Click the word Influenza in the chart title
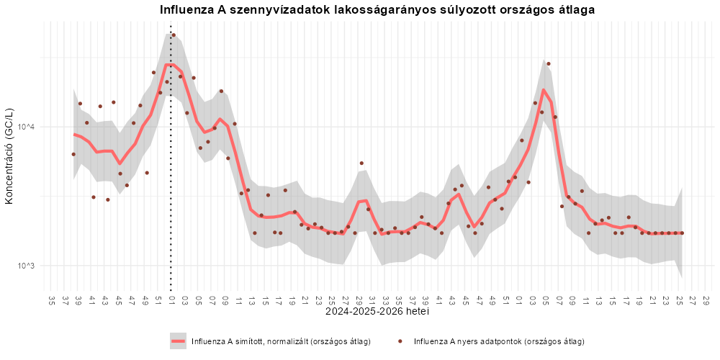(x=181, y=10)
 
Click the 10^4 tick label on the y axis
(x=30, y=126)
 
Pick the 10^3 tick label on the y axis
(x=30, y=266)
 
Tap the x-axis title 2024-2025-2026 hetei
(x=377, y=312)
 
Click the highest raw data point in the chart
(x=174, y=35)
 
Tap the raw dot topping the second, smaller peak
(x=548, y=64)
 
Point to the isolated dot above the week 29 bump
(x=361, y=163)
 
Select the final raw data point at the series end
(x=682, y=233)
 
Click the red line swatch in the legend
(x=178, y=341)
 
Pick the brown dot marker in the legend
(x=399, y=341)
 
